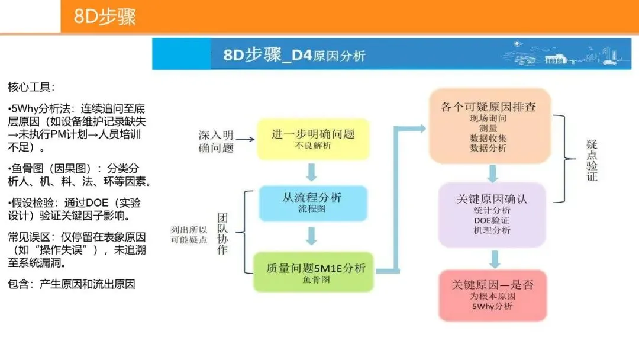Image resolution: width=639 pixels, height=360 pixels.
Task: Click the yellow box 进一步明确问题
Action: [312, 139]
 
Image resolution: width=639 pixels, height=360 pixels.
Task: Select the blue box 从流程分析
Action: [312, 203]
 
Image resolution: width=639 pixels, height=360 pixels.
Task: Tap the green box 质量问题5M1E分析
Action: [312, 272]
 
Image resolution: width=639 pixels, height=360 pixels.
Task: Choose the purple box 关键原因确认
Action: [492, 214]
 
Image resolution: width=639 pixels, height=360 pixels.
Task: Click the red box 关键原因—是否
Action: [492, 295]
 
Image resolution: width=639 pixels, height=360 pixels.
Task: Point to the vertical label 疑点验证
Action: [591, 160]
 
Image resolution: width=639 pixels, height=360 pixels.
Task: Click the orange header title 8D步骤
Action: [105, 17]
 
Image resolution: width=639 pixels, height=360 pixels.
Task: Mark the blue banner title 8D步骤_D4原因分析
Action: [294, 56]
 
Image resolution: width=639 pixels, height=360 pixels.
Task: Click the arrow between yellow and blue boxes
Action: [312, 172]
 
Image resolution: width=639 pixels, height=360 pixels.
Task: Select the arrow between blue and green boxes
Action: [312, 236]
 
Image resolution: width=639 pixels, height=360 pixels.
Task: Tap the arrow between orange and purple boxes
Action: [492, 173]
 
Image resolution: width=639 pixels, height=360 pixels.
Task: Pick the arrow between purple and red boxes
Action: [495, 259]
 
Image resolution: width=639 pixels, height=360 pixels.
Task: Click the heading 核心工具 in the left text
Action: [31, 88]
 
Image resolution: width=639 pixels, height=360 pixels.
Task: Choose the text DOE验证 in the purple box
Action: [492, 220]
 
